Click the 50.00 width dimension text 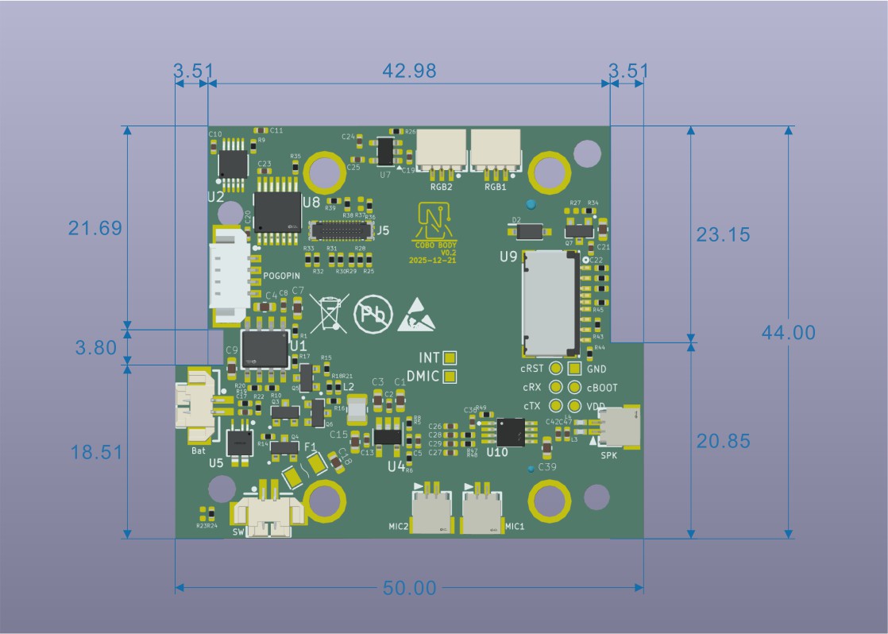[409, 589]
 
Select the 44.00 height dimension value [788, 332]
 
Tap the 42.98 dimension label [409, 71]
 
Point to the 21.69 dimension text [95, 229]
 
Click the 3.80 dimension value [95, 347]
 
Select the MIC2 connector [431, 510]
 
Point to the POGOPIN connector [231, 276]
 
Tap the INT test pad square [450, 358]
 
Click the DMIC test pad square [450, 376]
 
